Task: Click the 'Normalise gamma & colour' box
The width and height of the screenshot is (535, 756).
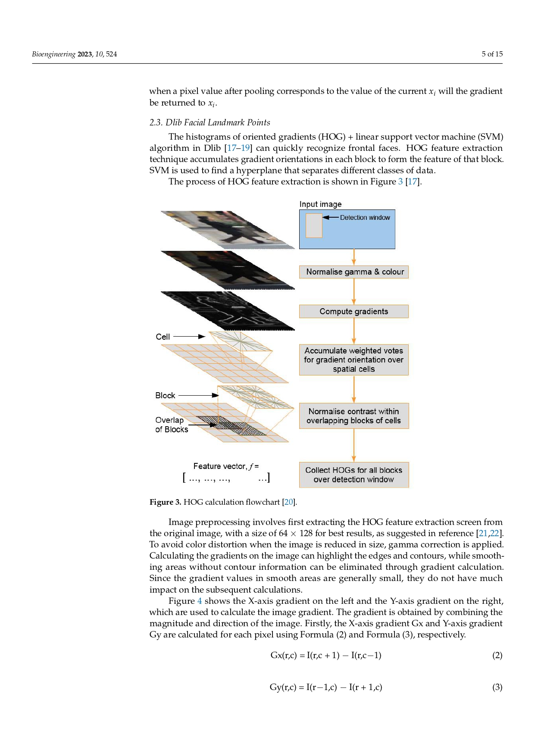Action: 354,272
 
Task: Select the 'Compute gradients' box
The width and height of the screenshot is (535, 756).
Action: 354,312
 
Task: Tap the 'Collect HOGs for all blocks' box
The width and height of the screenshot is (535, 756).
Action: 354,475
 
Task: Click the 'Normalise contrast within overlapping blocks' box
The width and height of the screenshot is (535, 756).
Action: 354,416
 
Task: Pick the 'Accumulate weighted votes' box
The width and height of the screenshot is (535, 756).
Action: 354,360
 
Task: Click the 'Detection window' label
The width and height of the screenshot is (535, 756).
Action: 365,218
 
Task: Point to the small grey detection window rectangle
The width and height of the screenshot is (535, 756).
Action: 314,225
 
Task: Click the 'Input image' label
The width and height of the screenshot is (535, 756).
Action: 320,204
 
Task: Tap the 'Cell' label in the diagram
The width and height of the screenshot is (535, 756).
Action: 163,337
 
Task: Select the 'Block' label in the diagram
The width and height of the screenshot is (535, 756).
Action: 165,395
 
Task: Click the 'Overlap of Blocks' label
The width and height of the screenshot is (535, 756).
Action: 171,425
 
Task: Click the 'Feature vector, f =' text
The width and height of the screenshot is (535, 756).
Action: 226,466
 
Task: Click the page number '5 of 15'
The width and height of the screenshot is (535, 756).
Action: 492,54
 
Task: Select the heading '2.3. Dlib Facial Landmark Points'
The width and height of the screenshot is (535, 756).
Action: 210,122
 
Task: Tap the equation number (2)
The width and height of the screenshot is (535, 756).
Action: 497,656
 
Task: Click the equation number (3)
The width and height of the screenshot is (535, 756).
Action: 497,687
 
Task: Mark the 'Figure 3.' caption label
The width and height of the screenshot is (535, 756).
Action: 165,502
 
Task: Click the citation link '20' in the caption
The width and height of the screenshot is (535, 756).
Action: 288,502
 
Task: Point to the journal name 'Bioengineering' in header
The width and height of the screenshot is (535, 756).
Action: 53,54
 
